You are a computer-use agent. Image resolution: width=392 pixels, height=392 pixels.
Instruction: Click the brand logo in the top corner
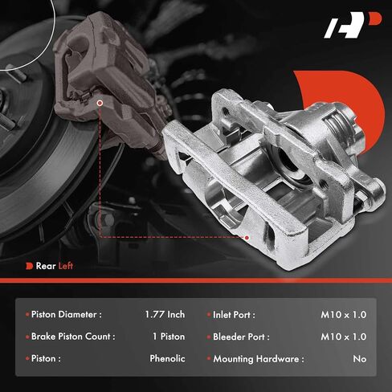coord(353,25)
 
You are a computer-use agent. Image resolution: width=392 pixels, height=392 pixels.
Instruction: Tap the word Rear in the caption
coord(46,266)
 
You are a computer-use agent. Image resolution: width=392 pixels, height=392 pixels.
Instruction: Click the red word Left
coord(66,266)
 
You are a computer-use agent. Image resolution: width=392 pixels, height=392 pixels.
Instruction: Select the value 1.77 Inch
coord(165,314)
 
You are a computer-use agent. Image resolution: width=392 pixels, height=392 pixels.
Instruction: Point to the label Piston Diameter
coord(67,314)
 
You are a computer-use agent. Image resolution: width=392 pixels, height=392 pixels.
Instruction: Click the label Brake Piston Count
coord(73,337)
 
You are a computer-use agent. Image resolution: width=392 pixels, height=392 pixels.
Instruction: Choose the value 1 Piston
coord(169,337)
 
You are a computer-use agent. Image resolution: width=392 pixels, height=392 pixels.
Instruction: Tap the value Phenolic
coord(167,358)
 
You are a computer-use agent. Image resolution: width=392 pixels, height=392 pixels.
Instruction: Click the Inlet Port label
coord(234,315)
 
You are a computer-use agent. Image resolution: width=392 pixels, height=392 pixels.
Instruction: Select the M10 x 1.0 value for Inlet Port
coord(344,315)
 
